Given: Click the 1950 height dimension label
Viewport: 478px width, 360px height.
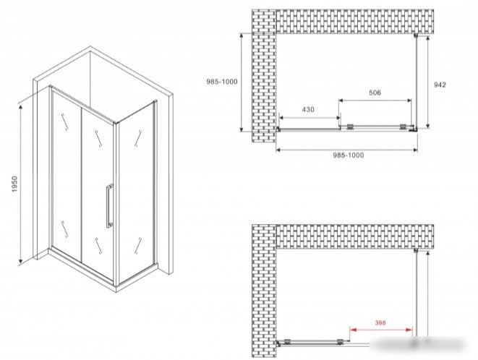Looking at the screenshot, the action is coord(15,184).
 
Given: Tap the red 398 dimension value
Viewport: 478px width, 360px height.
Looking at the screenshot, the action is coord(380,322).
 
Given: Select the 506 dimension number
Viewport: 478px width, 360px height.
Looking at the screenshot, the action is coord(375,93).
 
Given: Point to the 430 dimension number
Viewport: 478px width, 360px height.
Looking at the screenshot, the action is coord(308,109).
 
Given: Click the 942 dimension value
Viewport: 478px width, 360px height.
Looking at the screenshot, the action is coord(440,85).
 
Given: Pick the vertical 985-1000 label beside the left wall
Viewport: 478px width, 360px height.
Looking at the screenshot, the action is coord(221,82).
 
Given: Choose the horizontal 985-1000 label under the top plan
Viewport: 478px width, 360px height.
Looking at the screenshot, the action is coord(348,155).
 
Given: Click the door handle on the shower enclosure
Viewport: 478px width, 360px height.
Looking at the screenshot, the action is coord(109,206).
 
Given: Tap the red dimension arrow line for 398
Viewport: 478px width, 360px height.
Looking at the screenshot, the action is coord(381,330).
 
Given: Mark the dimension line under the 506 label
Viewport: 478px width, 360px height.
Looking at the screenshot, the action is coord(375,100).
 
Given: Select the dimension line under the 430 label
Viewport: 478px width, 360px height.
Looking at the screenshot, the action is coord(310,118).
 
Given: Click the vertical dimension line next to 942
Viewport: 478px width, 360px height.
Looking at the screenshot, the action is coord(427,82).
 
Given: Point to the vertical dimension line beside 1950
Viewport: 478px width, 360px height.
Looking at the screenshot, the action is coord(20,184).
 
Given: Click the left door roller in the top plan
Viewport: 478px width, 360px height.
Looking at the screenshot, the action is coord(350,127).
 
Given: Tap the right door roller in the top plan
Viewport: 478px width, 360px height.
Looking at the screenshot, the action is coord(403,127).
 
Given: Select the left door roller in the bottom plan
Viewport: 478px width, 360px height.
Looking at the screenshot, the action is coord(287,342).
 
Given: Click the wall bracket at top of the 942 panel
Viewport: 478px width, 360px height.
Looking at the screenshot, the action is coord(415,35).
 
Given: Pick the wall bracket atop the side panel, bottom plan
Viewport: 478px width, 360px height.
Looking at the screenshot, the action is coord(415,251).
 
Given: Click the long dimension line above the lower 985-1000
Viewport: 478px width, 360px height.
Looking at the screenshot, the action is coord(346,150).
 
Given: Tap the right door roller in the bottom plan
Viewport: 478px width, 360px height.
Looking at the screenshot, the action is coord(340,342).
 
